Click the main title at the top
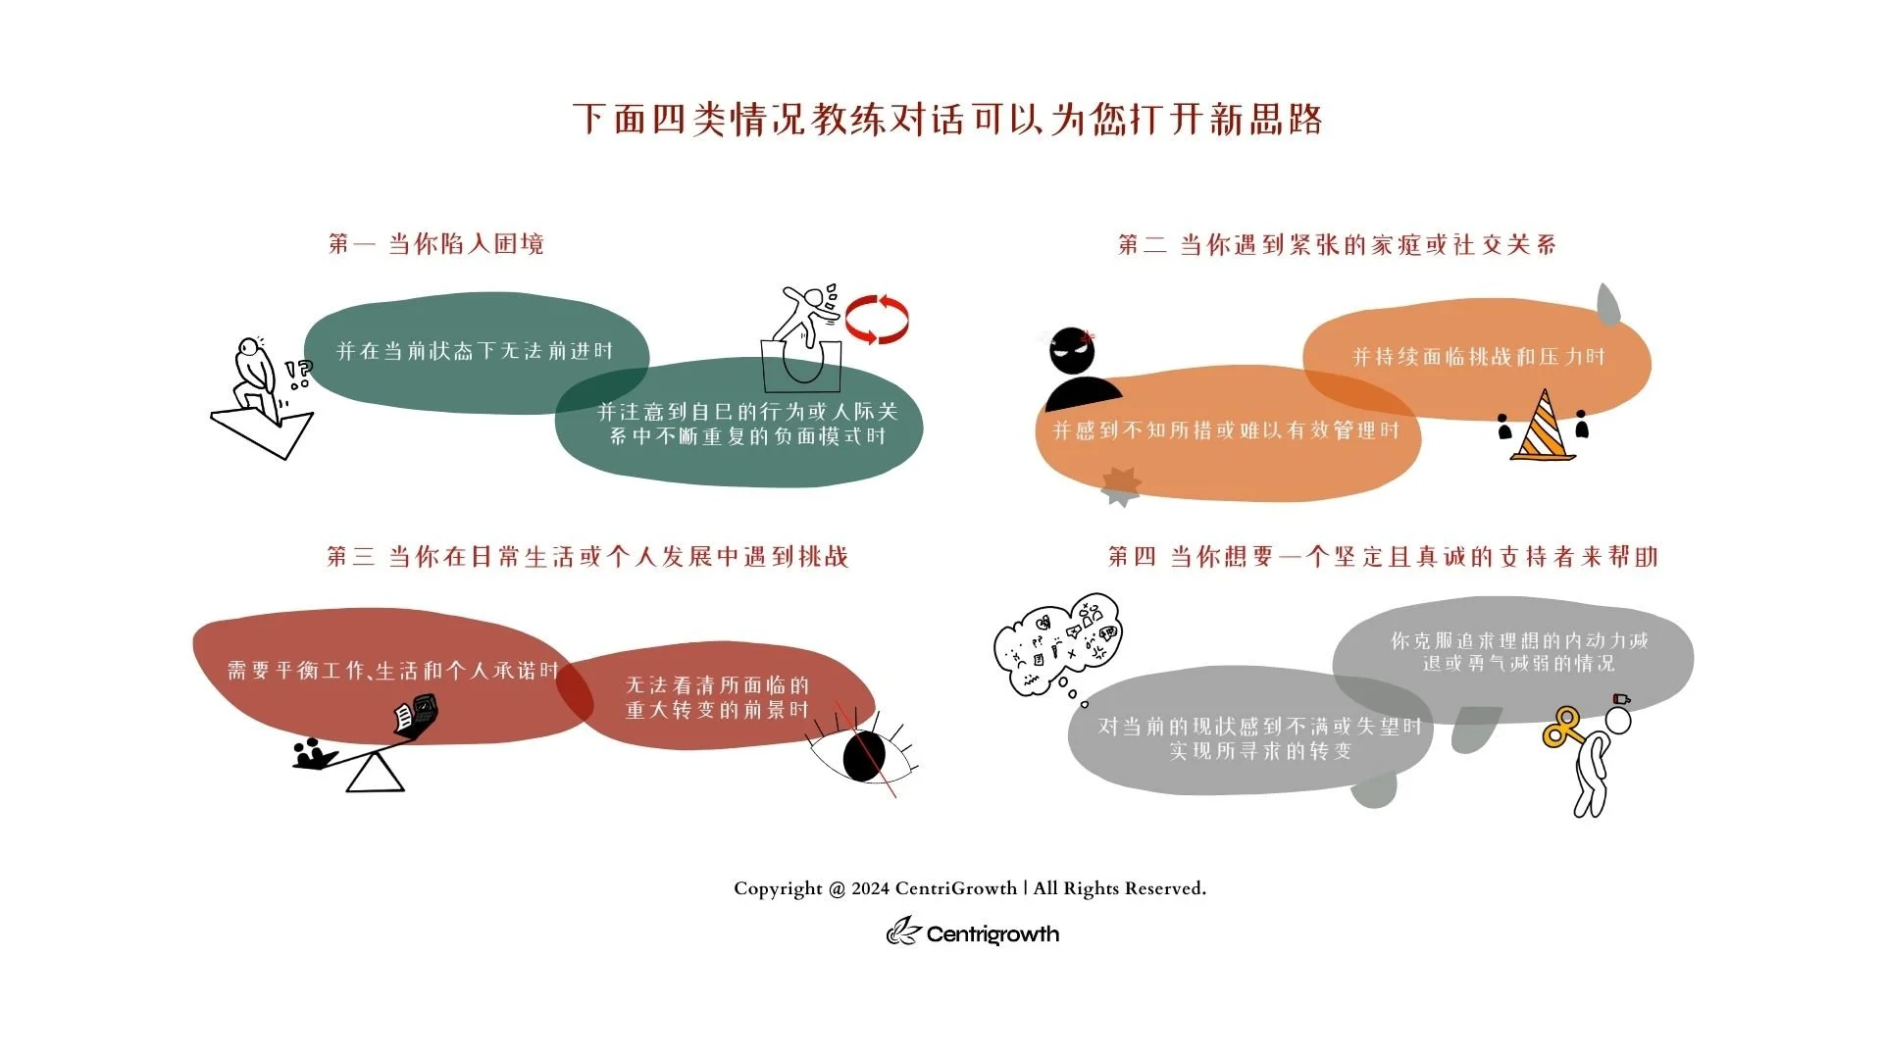947,120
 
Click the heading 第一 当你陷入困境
436,243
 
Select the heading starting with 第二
1337,244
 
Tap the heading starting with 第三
586,557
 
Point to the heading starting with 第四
1383,557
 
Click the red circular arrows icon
877,319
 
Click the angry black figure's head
1071,350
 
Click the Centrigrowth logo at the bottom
973,933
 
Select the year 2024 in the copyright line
870,888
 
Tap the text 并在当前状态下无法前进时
475,351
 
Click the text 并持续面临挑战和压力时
1478,357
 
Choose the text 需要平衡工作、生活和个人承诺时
392,671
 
